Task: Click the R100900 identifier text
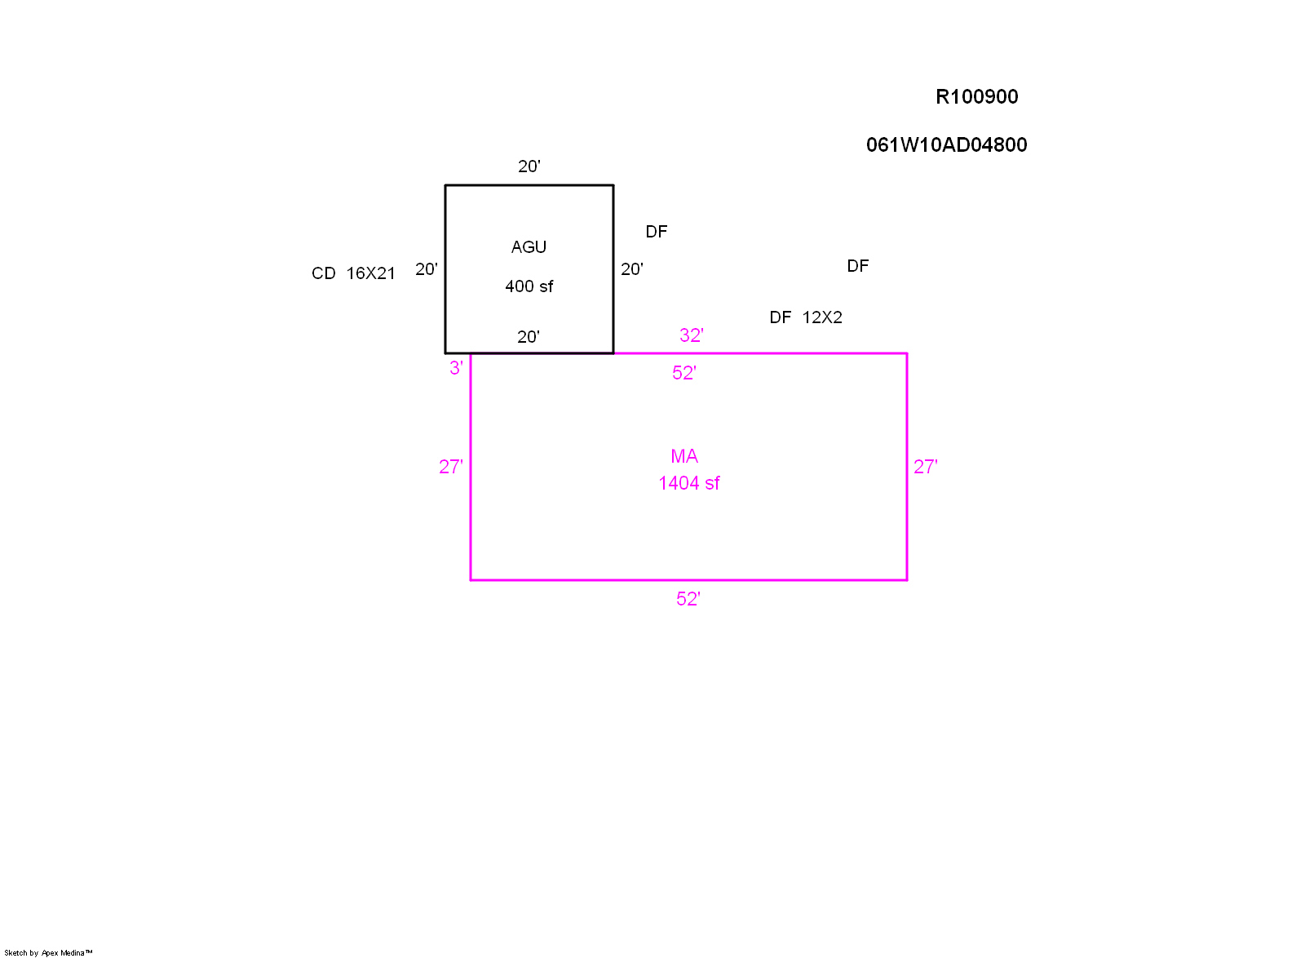[976, 97]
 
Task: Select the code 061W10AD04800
[946, 145]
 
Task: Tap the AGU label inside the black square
[529, 247]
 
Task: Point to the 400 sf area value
[529, 286]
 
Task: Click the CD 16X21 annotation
[353, 273]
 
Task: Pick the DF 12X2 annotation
[806, 317]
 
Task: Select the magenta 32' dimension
[691, 335]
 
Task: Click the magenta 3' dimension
[456, 368]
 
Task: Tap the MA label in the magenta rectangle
[684, 456]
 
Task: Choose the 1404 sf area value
[689, 483]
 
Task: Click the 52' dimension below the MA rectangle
[688, 599]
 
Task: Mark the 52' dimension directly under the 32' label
[683, 373]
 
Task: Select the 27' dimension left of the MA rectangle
[450, 467]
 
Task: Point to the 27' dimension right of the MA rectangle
[925, 467]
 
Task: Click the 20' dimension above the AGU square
[529, 166]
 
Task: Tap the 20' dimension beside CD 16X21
[426, 269]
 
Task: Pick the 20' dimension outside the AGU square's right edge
[631, 269]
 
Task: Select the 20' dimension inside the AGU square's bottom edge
[528, 337]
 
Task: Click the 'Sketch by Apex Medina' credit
[48, 952]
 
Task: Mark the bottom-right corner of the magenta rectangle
[907, 580]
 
